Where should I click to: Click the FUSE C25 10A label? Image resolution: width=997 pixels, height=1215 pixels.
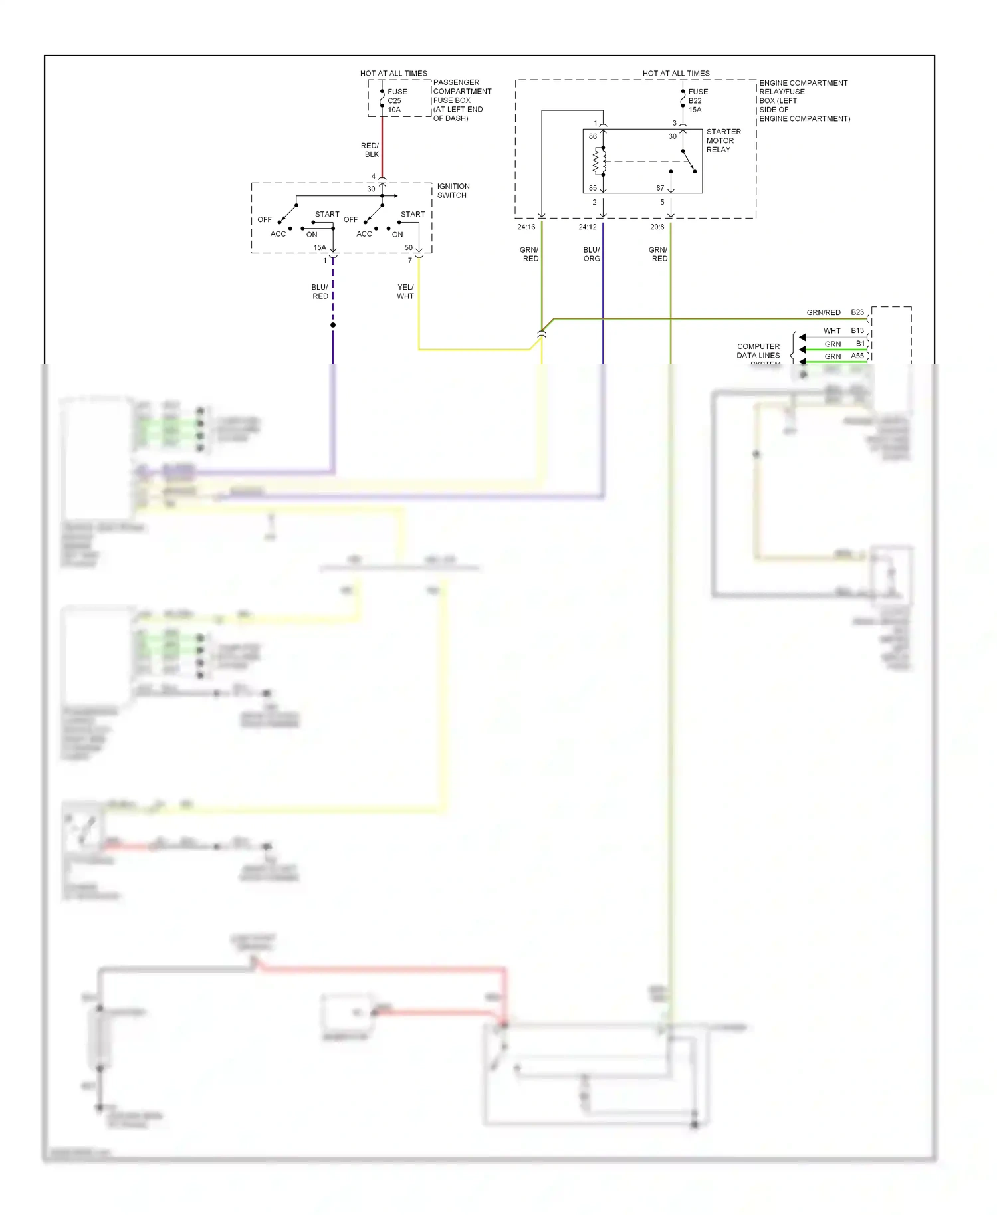(397, 101)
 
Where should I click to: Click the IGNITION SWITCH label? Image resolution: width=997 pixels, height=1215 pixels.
(453, 191)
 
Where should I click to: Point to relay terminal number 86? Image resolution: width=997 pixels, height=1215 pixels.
(592, 136)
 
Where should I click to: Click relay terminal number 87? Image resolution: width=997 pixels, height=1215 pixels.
(659, 188)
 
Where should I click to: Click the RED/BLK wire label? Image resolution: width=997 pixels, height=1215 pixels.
(370, 150)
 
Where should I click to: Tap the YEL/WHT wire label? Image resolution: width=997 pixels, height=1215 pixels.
(405, 292)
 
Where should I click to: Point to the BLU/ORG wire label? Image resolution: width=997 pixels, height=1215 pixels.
(591, 254)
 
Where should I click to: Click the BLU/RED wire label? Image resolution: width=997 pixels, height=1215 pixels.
(320, 292)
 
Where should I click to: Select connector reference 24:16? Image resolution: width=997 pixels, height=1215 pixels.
(526, 227)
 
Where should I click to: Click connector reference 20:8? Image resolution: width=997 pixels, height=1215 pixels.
(657, 227)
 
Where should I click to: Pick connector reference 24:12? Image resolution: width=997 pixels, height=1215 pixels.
(587, 227)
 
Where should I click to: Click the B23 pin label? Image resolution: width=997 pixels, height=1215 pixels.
(857, 312)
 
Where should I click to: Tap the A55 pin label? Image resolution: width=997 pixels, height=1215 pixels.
(857, 356)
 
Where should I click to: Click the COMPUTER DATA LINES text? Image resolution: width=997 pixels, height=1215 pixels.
(758, 351)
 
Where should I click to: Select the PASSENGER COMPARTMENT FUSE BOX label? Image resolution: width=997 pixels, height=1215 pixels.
(461, 100)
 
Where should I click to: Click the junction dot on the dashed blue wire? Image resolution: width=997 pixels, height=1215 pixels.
(333, 325)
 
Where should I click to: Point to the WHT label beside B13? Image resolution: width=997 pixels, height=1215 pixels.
(831, 331)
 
